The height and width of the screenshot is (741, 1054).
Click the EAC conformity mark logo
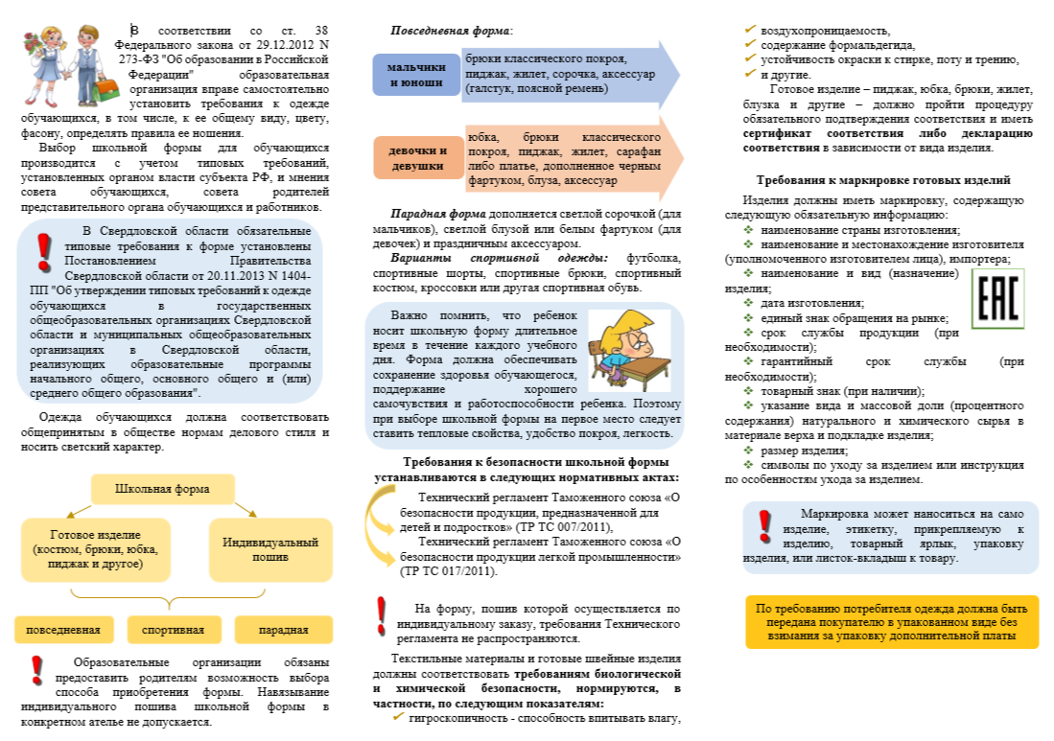click(996, 299)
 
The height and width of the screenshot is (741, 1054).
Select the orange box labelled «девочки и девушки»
click(417, 158)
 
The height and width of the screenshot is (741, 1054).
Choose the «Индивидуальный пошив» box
click(270, 549)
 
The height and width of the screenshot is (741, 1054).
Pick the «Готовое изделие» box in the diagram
click(95, 549)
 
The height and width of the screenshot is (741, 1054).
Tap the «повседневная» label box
click(63, 630)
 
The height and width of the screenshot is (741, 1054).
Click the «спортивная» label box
click(173, 630)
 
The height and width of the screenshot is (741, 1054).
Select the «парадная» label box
click(284, 630)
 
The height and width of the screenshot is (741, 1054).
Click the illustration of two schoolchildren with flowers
click(61, 67)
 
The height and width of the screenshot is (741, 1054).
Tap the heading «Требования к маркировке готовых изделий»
click(882, 180)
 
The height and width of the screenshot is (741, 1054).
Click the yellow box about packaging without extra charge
click(891, 622)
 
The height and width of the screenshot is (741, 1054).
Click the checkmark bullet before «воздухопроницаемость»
click(751, 30)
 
